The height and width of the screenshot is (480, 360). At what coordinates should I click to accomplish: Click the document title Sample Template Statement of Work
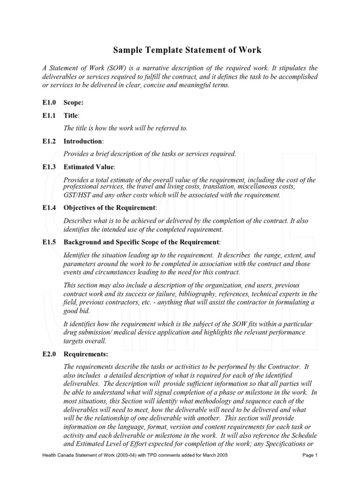[x=187, y=50]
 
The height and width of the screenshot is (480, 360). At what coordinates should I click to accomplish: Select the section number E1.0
[x=49, y=103]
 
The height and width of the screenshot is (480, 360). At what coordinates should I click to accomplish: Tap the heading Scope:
[x=74, y=103]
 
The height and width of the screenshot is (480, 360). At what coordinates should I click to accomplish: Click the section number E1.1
[x=49, y=115]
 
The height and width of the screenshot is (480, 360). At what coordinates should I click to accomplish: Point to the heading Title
[x=71, y=115]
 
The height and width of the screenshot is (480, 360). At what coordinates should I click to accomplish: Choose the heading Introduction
[x=83, y=141]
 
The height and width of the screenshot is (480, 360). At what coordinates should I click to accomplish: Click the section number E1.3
[x=49, y=167]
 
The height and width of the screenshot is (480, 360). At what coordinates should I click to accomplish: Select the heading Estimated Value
[x=89, y=167]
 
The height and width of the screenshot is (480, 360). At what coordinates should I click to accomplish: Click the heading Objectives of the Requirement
[x=109, y=208]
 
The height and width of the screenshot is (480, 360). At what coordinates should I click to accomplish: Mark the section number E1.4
[x=49, y=208]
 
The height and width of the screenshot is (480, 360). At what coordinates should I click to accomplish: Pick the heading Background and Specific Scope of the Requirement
[x=141, y=242]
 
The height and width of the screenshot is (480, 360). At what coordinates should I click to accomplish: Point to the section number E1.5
[x=49, y=242]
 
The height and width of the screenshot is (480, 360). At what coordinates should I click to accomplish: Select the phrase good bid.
[x=76, y=311]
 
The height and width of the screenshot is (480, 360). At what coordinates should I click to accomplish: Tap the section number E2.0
[x=49, y=354]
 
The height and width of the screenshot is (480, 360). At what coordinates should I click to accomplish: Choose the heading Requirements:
[x=86, y=354]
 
